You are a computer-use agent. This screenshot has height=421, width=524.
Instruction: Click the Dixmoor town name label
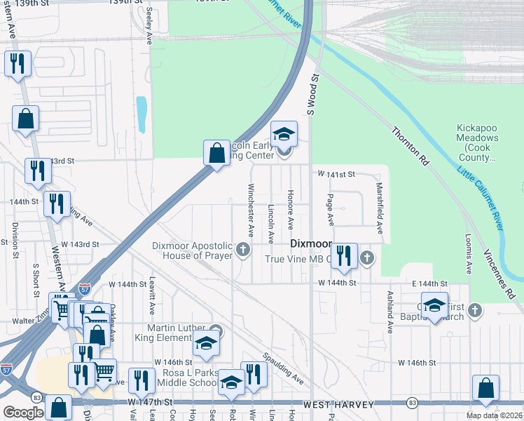coord(310,243)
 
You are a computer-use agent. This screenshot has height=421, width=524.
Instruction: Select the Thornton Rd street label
coord(410,147)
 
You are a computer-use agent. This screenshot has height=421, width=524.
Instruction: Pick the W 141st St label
coord(336,173)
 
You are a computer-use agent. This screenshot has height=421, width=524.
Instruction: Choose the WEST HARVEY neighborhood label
coord(335,403)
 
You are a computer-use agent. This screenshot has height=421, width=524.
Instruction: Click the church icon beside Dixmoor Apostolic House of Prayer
coord(244,250)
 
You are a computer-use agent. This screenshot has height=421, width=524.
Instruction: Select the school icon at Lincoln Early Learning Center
coord(284,133)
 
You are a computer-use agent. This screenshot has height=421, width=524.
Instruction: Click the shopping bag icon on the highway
coord(216,152)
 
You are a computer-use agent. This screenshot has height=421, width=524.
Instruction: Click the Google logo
coord(23,413)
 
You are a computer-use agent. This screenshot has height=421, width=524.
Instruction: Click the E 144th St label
coord(430,283)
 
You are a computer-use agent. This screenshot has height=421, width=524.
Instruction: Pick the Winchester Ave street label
coord(250,210)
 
